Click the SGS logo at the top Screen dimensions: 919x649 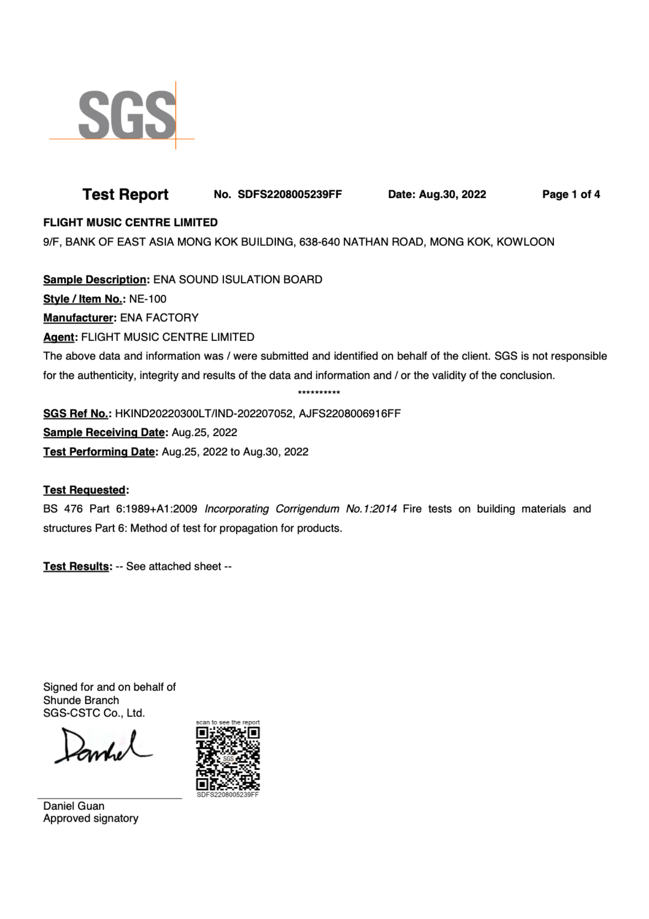126,115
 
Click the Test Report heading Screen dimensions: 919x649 125,194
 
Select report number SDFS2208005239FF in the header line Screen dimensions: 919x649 290,194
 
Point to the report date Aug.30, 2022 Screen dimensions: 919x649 452,194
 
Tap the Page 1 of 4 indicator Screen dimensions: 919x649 571,194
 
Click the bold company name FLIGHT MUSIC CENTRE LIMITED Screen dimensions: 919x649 130,222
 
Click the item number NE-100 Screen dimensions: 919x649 148,299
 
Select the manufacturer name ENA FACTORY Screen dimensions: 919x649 159,318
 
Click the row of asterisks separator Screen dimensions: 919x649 319,393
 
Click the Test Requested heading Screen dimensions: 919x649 85,490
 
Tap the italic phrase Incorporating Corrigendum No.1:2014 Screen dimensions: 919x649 301,509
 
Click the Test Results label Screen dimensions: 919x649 77,566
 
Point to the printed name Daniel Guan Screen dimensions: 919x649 74,806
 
